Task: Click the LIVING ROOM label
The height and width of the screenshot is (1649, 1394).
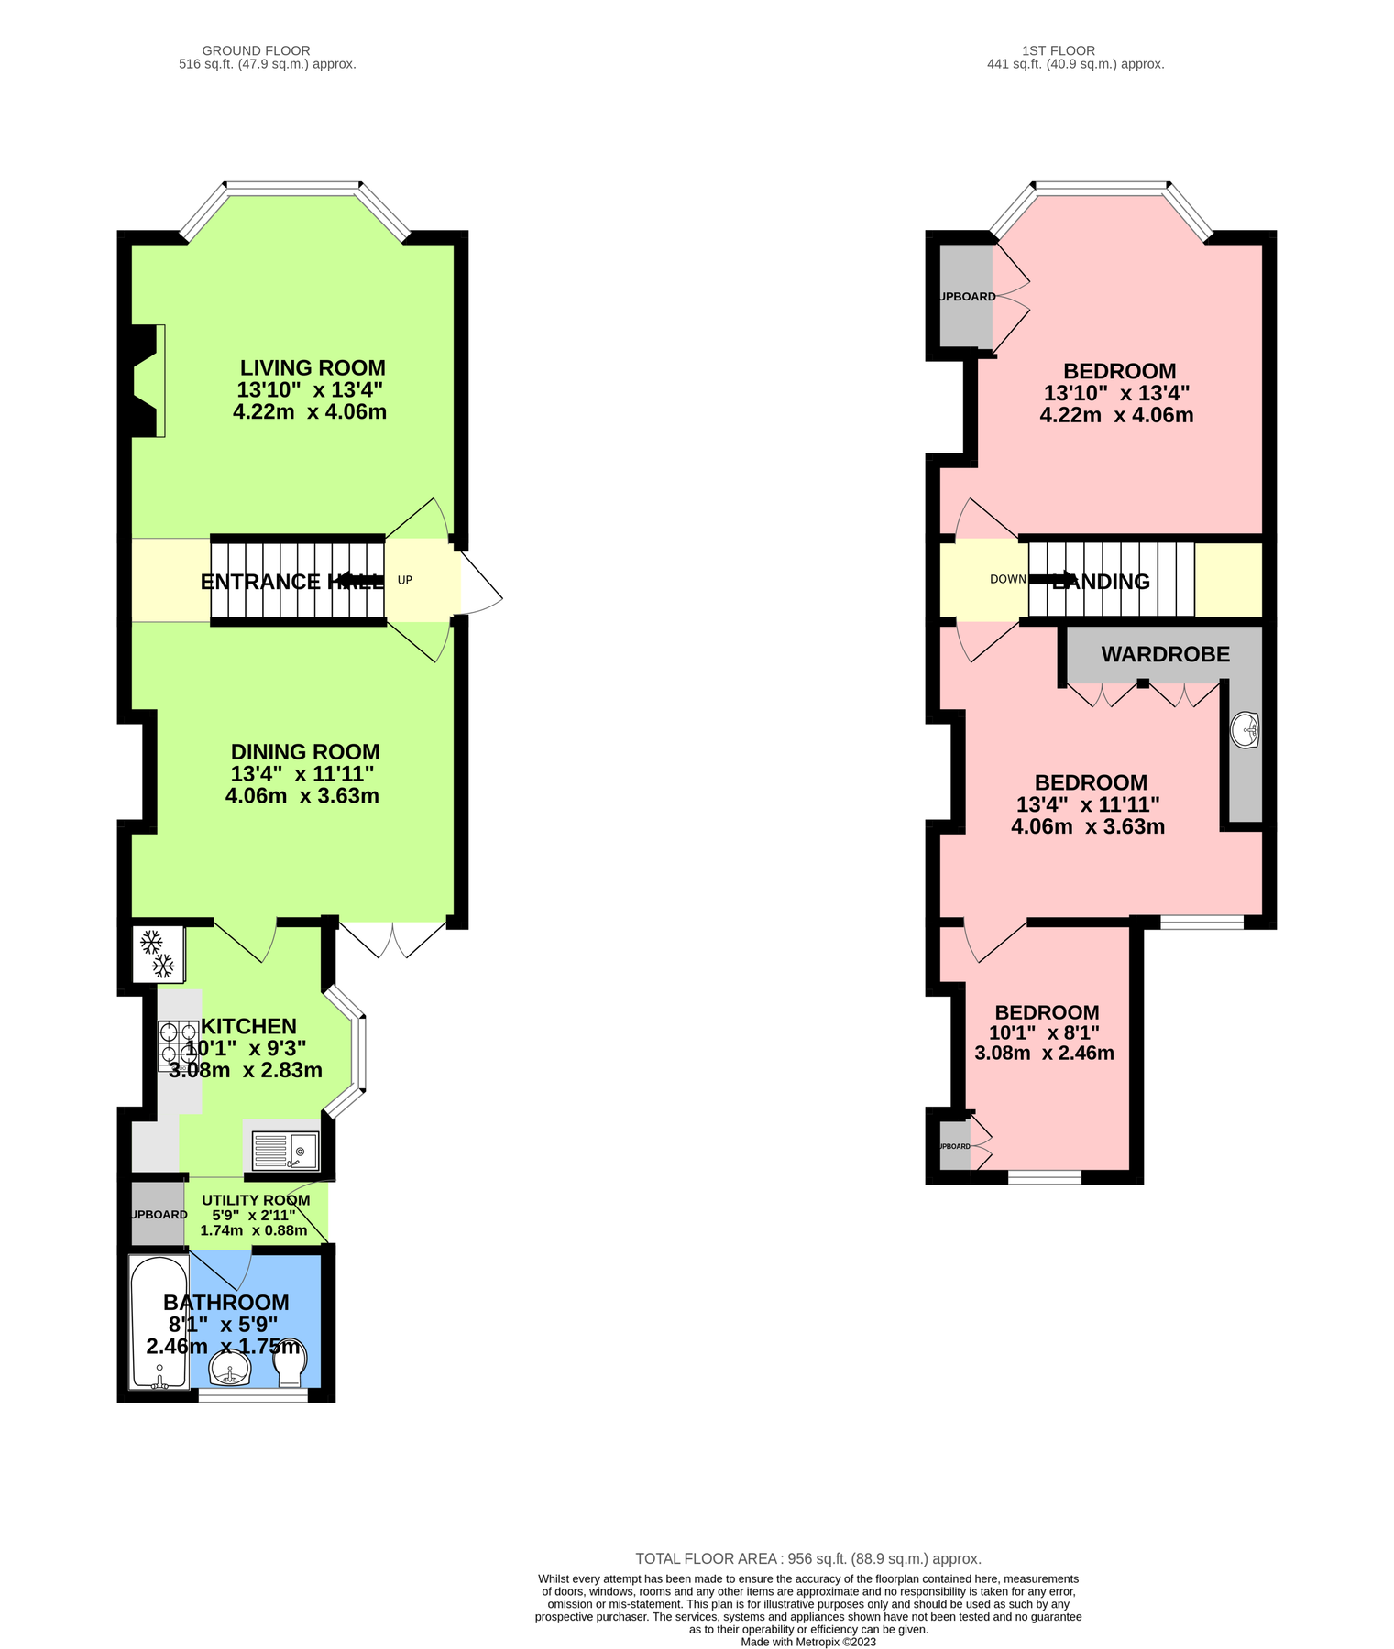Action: click(x=313, y=368)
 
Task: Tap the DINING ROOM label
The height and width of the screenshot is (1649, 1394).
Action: click(x=305, y=752)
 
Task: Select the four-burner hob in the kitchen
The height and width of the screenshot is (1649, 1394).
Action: click(x=178, y=1045)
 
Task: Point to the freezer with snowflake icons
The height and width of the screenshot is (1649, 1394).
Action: click(x=157, y=954)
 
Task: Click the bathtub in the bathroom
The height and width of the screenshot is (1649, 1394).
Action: click(x=159, y=1322)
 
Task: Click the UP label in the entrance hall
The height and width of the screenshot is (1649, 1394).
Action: click(x=404, y=580)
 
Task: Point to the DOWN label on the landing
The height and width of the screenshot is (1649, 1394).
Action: click(x=1007, y=579)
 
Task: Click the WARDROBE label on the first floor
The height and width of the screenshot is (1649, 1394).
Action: click(x=1165, y=654)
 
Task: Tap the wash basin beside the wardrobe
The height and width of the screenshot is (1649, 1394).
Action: click(x=1246, y=730)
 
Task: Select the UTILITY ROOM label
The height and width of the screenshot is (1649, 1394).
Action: click(x=256, y=1200)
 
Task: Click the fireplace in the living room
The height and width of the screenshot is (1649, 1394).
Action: click(x=148, y=380)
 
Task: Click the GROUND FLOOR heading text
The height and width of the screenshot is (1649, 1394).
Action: click(x=256, y=50)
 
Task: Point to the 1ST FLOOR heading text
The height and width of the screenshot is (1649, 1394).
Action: click(x=1059, y=50)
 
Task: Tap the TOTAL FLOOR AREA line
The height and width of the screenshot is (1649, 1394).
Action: click(x=807, y=1558)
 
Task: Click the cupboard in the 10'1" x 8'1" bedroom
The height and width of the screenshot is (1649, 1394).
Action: click(x=954, y=1146)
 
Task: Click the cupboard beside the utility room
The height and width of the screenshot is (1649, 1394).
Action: click(x=158, y=1214)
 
